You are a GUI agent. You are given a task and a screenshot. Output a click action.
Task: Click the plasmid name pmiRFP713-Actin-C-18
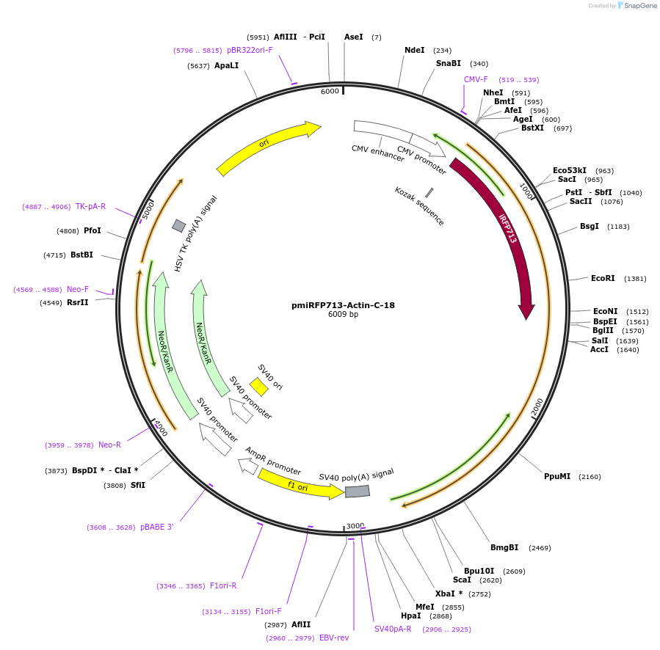343,305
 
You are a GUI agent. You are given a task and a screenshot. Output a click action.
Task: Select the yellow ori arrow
268,149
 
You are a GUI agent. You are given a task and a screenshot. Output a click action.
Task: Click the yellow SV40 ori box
258,387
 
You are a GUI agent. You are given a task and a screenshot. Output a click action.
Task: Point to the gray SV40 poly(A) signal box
358,491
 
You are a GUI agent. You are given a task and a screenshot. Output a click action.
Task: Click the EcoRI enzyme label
603,278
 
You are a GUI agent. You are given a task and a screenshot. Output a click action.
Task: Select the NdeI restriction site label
415,50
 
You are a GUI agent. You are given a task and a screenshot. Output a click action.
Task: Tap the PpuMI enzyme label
557,476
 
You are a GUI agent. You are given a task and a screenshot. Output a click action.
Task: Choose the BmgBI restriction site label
504,547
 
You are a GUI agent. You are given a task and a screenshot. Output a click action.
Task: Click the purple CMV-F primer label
476,79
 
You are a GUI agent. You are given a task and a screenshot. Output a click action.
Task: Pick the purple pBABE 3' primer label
156,527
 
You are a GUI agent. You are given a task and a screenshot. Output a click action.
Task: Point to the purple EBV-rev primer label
334,638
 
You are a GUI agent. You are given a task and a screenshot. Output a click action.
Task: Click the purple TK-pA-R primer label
90,206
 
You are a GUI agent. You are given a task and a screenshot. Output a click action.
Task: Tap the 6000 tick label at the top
330,91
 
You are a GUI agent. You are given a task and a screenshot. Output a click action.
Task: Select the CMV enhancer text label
377,153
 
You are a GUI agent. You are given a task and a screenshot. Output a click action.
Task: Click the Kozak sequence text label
419,206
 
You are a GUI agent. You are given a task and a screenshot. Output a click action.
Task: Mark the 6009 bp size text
343,315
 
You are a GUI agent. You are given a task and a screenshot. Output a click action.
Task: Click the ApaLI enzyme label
226,65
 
